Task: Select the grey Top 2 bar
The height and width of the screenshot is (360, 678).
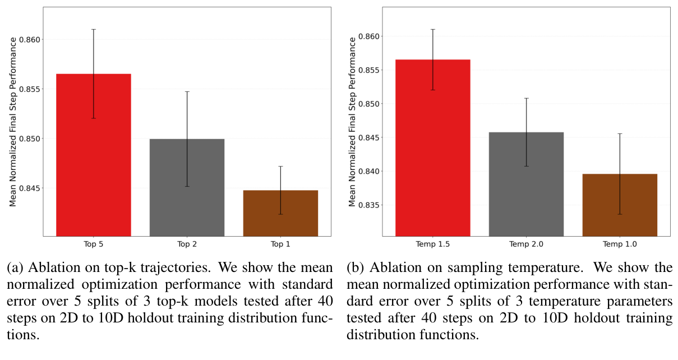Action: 187,191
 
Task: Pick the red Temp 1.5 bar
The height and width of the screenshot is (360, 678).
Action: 432,151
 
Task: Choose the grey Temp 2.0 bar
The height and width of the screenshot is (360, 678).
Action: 526,185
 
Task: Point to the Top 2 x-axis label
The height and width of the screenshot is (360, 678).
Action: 187,245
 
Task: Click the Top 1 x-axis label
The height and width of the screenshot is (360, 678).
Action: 280,245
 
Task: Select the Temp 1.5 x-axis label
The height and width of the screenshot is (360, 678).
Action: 432,245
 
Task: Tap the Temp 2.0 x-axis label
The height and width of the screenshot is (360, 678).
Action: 526,245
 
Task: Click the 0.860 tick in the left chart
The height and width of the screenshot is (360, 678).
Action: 39,40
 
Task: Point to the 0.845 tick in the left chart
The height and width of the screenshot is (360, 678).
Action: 39,188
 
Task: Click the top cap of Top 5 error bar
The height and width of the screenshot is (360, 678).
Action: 93,29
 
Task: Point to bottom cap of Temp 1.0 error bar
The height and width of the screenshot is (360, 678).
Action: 620,214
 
